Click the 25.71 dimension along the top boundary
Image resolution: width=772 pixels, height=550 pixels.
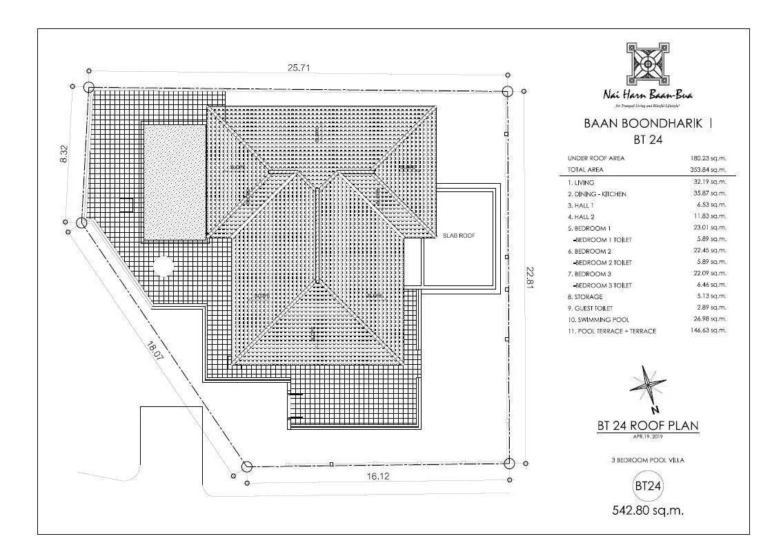[297, 68]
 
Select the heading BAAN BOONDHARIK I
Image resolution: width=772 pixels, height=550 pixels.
[648, 124]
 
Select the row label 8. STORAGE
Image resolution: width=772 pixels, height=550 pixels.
[584, 296]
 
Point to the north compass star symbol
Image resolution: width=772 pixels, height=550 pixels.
[648, 385]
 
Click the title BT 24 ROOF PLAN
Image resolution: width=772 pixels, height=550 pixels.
[648, 426]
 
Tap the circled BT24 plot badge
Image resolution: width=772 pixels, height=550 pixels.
[648, 486]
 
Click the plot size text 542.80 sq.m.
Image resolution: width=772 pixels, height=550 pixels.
[648, 512]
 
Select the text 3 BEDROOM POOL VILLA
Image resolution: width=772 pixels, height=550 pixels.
[648, 459]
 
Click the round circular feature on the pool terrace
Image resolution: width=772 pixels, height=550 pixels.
[164, 266]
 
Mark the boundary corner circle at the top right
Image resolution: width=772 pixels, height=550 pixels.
[508, 91]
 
